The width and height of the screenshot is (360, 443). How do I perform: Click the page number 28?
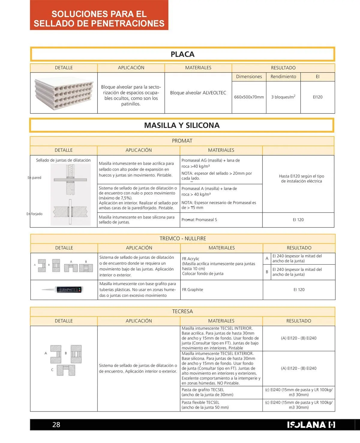[x=56, y=424]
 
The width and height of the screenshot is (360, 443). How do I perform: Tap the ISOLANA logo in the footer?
[x=311, y=425]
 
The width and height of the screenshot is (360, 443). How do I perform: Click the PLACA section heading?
[x=182, y=54]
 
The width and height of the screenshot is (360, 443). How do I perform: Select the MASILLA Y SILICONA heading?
[x=182, y=125]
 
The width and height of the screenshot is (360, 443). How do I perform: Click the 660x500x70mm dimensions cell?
[x=249, y=97]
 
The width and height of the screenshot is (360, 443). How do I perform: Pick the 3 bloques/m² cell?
[x=283, y=97]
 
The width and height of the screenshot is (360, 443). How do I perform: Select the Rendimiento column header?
[x=283, y=77]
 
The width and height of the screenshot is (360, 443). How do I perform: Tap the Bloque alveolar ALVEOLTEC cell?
[x=198, y=93]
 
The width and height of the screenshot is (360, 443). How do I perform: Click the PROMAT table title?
[x=182, y=141]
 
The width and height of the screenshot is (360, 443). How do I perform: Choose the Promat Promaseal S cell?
[x=199, y=220]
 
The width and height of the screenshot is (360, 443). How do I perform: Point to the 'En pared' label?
[x=34, y=178]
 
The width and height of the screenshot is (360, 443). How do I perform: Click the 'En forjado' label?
[x=34, y=214]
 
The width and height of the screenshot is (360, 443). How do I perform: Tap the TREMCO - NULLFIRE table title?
[x=183, y=239]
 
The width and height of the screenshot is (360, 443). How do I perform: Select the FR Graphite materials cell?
[x=193, y=290]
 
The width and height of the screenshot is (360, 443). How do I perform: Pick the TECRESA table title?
[x=182, y=311]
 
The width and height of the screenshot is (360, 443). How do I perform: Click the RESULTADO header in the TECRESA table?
[x=298, y=321]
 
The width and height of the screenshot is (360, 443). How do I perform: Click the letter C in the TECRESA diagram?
[x=52, y=370]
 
